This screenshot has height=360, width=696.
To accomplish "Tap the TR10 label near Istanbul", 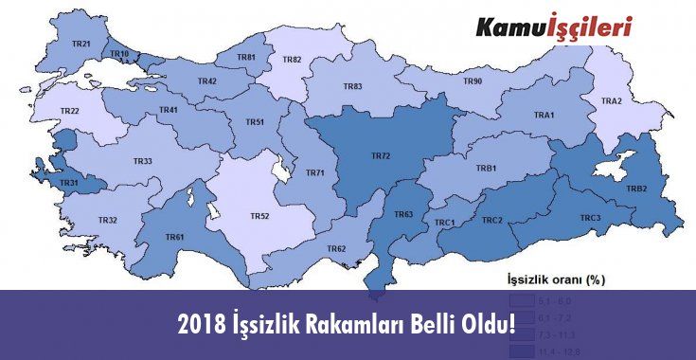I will (120, 55).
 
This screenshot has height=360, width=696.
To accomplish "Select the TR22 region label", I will (69, 111).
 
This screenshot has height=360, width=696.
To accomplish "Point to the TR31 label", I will (69, 183).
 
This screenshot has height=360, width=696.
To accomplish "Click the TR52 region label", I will (259, 216).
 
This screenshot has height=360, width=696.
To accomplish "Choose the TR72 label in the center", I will (381, 154).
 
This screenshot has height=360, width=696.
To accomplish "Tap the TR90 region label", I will (473, 82).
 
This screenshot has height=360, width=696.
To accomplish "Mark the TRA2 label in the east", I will (611, 101).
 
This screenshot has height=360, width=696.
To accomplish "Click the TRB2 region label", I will (636, 189).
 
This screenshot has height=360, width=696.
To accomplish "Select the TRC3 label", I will (590, 219).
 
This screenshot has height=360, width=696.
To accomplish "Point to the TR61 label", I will (174, 237).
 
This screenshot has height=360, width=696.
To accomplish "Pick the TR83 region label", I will (352, 86).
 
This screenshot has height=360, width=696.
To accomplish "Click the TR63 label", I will (403, 215).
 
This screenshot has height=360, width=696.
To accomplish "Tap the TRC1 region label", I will (445, 223).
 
